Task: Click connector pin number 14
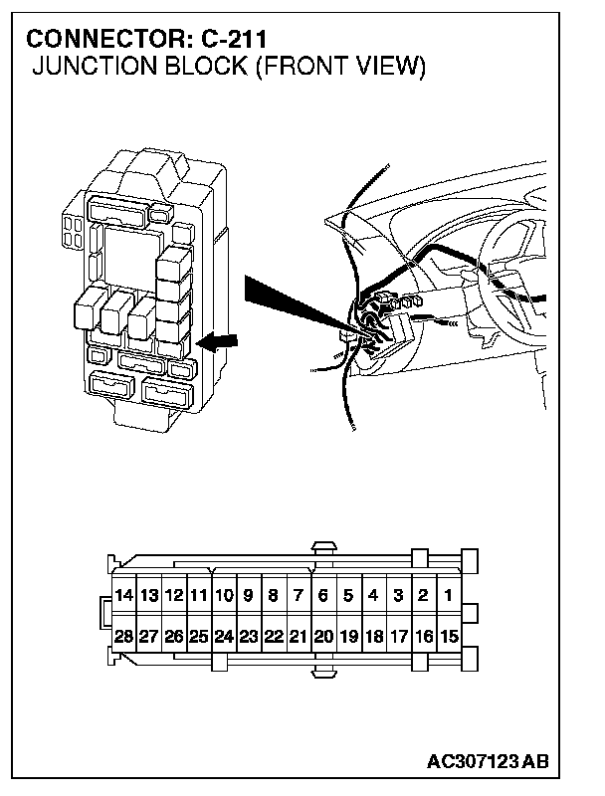click(x=124, y=597)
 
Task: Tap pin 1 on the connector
click(x=448, y=597)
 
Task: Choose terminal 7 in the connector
click(x=298, y=597)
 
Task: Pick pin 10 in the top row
click(x=224, y=597)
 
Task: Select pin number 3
click(x=398, y=597)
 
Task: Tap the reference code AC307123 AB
click(x=487, y=763)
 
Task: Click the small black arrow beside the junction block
click(x=220, y=342)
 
